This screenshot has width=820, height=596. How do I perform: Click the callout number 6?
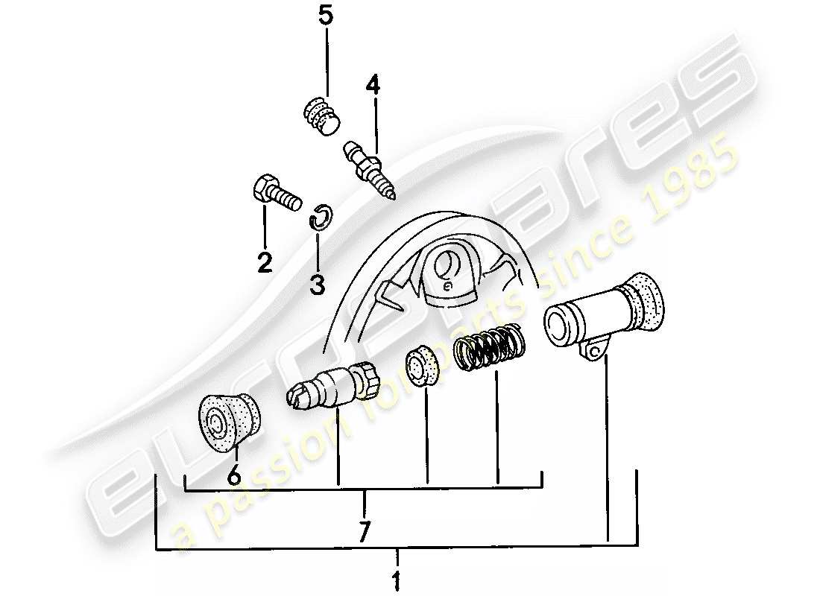(x=233, y=475)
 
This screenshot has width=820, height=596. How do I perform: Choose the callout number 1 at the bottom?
(x=397, y=580)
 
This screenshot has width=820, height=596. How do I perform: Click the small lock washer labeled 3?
(x=319, y=217)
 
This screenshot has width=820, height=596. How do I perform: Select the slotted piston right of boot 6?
(x=332, y=384)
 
